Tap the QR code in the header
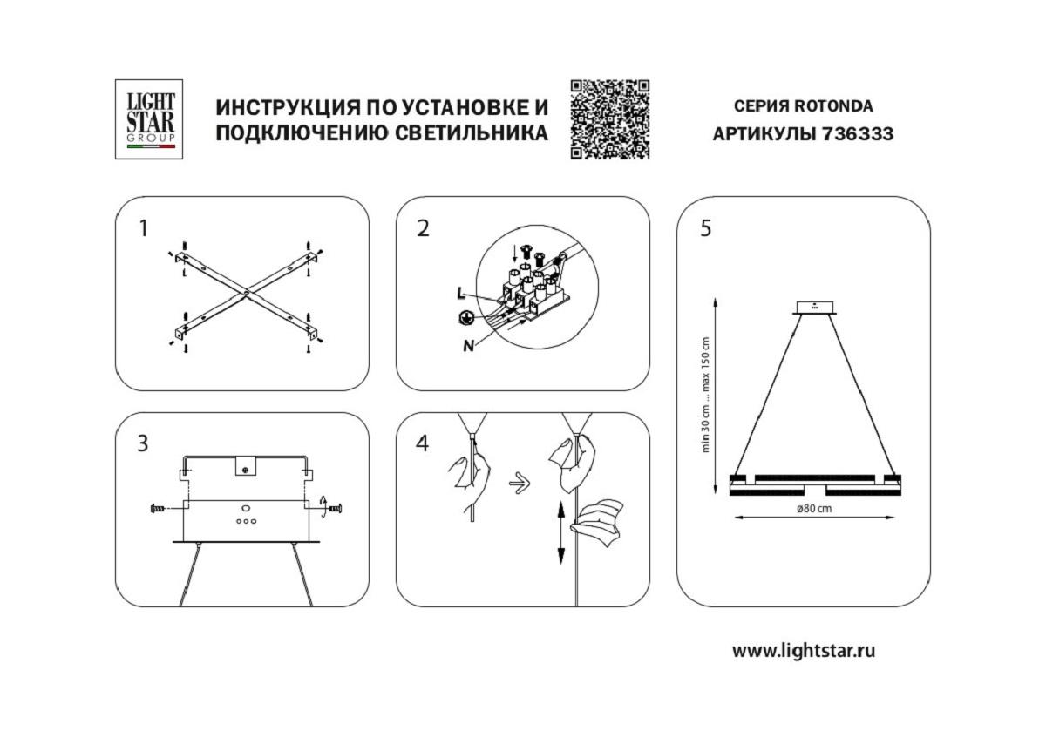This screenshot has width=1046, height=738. [x=610, y=119]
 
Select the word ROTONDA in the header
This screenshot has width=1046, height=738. [x=832, y=106]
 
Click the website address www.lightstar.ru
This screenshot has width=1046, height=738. [x=803, y=650]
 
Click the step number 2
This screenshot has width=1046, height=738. [x=423, y=228]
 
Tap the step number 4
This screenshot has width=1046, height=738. [x=423, y=443]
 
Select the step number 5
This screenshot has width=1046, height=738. [x=704, y=228]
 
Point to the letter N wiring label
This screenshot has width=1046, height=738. [x=468, y=345]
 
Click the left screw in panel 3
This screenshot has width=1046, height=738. [x=161, y=507]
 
